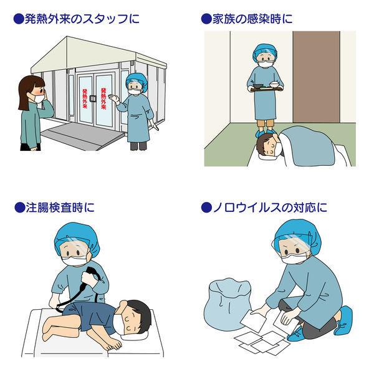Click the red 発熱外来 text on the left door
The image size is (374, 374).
pyautogui.click(x=84, y=98)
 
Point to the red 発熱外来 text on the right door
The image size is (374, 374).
pyautogui.click(x=103, y=98)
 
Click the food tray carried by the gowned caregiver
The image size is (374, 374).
pyautogui.click(x=266, y=89)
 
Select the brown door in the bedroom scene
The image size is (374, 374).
pyautogui.click(x=316, y=77)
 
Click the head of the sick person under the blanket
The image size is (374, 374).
pyautogui.click(x=268, y=145)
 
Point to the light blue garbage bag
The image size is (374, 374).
pyautogui.click(x=228, y=302)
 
